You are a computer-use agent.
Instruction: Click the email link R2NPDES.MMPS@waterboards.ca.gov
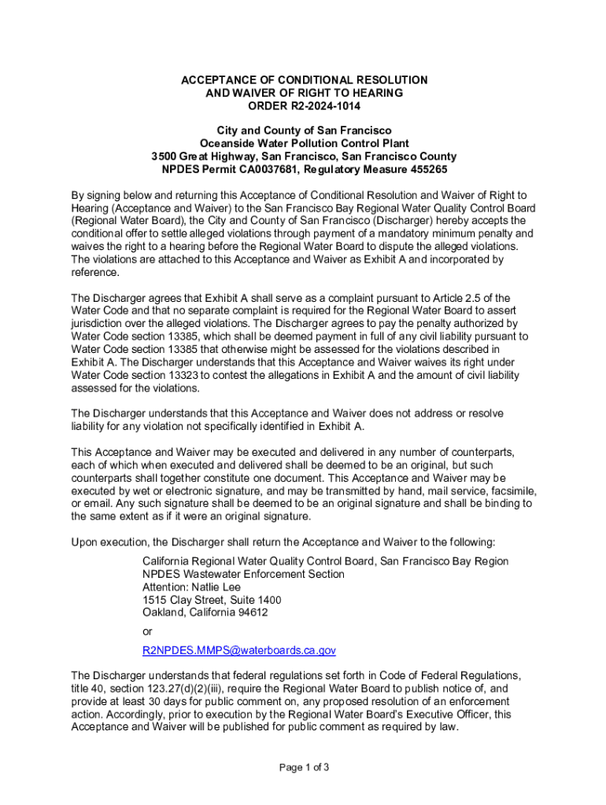click(x=239, y=650)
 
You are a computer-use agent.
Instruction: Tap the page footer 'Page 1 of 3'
click(x=303, y=767)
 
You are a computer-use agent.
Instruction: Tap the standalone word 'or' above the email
click(x=148, y=630)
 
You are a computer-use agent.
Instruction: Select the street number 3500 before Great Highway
click(x=168, y=156)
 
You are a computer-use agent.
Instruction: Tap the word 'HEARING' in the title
click(x=375, y=93)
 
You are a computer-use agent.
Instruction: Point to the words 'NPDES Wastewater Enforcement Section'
click(x=243, y=574)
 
